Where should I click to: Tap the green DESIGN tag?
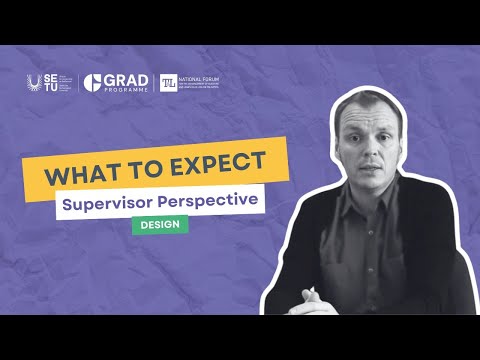[x=160, y=224]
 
